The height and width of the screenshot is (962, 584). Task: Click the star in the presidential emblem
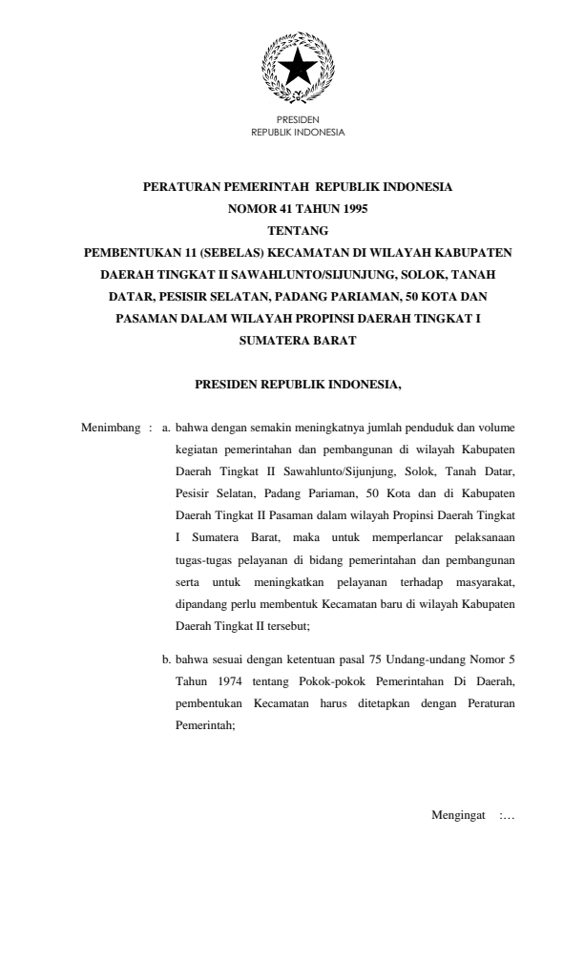[x=297, y=65]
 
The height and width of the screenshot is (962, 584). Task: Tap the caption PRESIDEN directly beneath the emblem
[x=297, y=121]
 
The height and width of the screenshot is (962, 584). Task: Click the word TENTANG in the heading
[x=297, y=231]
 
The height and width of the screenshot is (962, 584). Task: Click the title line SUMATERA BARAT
[x=297, y=341]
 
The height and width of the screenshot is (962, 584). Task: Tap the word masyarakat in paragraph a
[x=480, y=582]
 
